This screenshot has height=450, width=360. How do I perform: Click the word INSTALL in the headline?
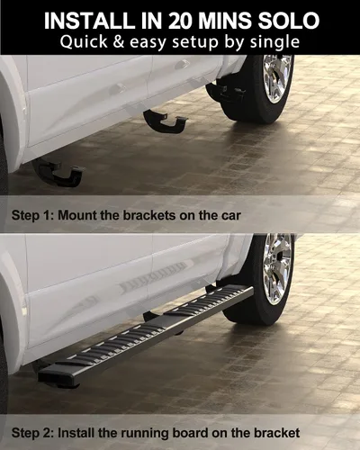pos(89,21)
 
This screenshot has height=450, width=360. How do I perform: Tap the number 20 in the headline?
pos(179,21)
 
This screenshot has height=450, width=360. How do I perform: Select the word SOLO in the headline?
pos(289,21)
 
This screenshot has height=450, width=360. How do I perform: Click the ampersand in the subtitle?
pos(119,41)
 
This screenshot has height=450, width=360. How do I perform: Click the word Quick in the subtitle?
pos(84,41)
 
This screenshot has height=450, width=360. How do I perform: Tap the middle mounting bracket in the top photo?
pos(166,121)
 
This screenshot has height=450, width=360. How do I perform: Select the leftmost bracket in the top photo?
pos(58,173)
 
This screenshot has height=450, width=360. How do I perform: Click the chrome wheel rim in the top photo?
pos(276,79)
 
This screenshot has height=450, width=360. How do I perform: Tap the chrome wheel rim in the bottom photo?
pos(277,268)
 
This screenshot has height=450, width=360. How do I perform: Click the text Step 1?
pos(31,215)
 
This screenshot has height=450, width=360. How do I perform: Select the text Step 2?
pos(32,433)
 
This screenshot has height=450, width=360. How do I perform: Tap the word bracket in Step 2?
pos(276,433)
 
